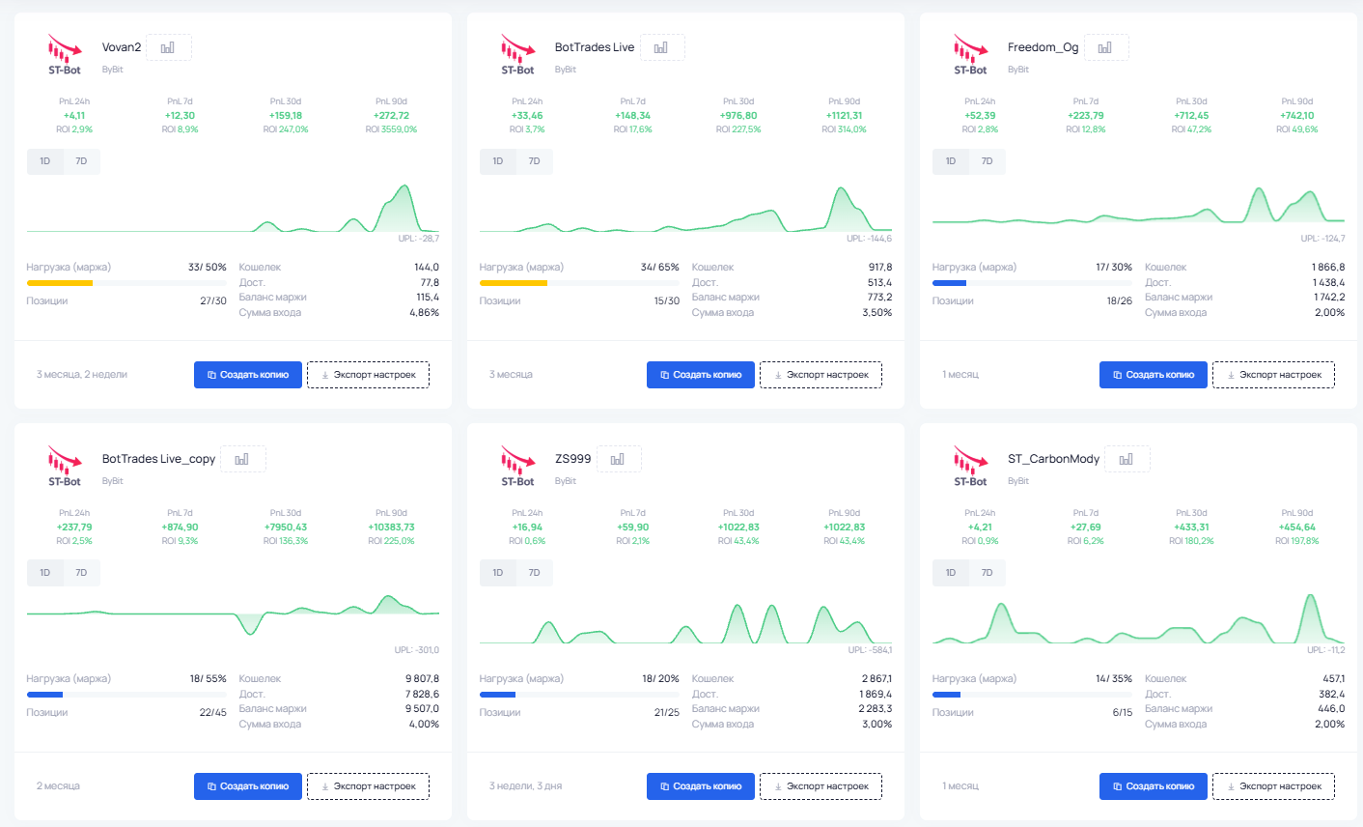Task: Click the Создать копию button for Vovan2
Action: [x=248, y=375]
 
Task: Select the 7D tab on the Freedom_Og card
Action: [x=987, y=161]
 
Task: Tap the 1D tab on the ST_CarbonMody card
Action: [x=951, y=573]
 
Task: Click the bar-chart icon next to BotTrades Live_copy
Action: [x=242, y=459]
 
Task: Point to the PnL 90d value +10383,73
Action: [x=391, y=527]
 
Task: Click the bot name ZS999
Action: [x=572, y=459]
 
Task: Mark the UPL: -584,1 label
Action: [x=870, y=650]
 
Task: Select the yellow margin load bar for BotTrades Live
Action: [x=514, y=282]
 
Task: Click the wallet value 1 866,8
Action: [x=1327, y=267]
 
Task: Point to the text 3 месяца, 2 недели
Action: [x=81, y=375]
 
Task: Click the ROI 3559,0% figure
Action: [x=391, y=129]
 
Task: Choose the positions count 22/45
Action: [x=213, y=712]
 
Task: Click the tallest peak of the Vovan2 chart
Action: [x=404, y=185]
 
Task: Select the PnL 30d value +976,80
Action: [x=738, y=116]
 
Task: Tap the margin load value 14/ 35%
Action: [x=1114, y=678]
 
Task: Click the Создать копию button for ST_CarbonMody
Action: [x=1154, y=786]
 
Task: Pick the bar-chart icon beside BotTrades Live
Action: [x=661, y=47]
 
